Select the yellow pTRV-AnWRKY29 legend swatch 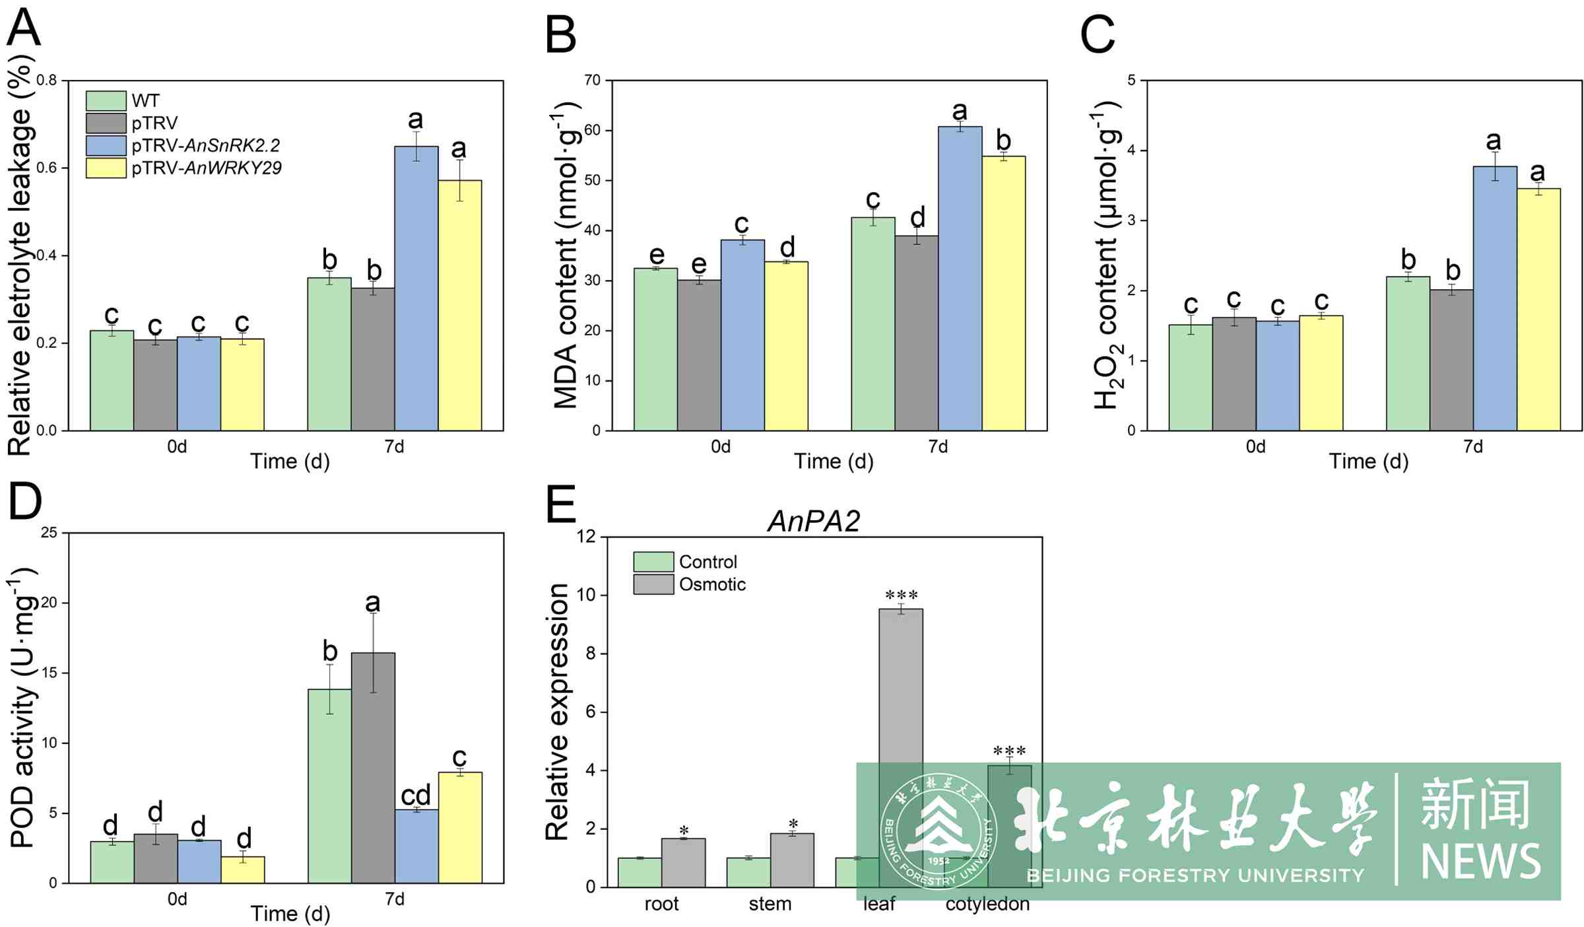tap(106, 168)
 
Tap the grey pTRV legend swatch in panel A tap(106, 123)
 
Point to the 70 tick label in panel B tap(592, 81)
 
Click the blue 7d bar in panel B tap(960, 278)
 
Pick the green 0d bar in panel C tap(1190, 377)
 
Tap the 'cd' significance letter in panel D tap(416, 795)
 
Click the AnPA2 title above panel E tap(814, 522)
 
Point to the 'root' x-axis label tap(661, 904)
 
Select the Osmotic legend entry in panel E tap(711, 584)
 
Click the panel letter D tap(25, 502)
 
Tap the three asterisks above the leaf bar tap(901, 595)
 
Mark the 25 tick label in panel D tap(49, 532)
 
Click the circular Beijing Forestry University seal tap(938, 831)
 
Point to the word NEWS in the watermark tap(1480, 861)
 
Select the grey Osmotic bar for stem tap(792, 860)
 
